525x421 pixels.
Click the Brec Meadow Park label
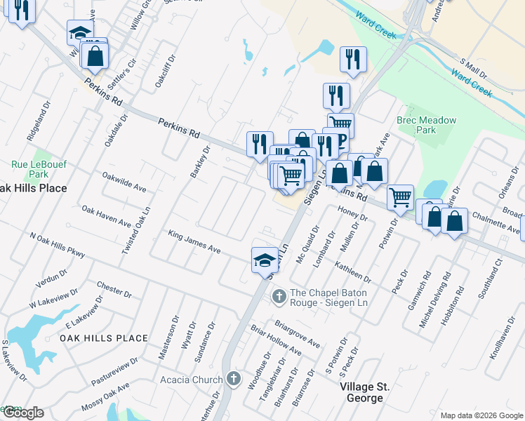426,125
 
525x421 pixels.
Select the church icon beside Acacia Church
234,380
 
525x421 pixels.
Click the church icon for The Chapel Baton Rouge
279,297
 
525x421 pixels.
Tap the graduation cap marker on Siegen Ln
264,259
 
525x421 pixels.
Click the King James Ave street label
194,241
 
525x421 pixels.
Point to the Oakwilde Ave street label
124,182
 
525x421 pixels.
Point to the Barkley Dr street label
199,161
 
